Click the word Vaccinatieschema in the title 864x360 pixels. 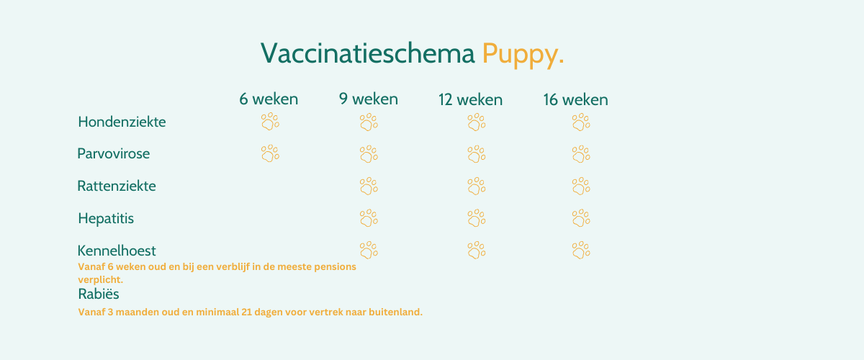368,53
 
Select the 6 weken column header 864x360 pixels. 269,99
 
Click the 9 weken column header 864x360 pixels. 369,99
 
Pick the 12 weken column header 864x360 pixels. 470,99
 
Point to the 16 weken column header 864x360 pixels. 575,99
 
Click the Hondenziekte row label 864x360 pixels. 122,122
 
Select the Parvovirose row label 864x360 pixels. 114,153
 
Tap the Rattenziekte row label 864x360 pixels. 117,186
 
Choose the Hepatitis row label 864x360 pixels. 106,219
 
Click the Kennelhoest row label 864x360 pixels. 117,251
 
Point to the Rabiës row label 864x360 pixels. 99,294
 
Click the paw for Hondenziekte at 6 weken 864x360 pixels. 271,122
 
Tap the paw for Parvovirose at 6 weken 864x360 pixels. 271,153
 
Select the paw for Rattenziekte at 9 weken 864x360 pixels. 369,186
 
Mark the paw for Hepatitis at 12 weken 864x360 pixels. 477,218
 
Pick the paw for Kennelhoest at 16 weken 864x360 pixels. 581,250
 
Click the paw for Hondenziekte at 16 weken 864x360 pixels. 581,122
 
